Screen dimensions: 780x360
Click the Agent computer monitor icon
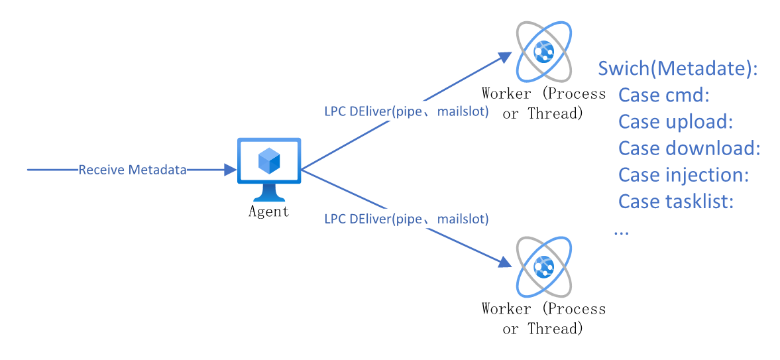pos(269,169)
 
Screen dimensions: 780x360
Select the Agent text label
pos(268,211)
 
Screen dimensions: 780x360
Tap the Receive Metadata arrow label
pos(133,170)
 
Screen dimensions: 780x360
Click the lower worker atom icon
pos(543,267)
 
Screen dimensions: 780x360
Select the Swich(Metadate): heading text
pos(677,69)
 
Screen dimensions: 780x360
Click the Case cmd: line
pos(663,95)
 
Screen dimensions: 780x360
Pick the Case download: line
pos(689,149)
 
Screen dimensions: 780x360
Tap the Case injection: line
pos(684,175)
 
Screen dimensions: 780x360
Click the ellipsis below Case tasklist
pos(622,232)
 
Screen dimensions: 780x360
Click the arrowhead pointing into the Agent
pos(231,170)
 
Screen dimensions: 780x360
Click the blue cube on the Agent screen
pos(269,160)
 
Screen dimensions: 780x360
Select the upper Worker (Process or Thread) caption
pos(543,103)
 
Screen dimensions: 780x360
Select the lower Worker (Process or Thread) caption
pos(543,319)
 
